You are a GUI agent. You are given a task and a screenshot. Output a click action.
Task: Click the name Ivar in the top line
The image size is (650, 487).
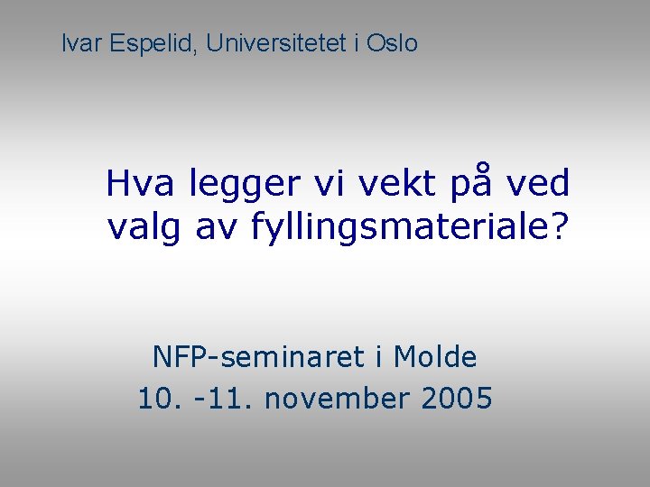pyautogui.click(x=81, y=42)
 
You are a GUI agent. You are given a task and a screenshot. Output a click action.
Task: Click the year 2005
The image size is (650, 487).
pyautogui.click(x=455, y=398)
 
